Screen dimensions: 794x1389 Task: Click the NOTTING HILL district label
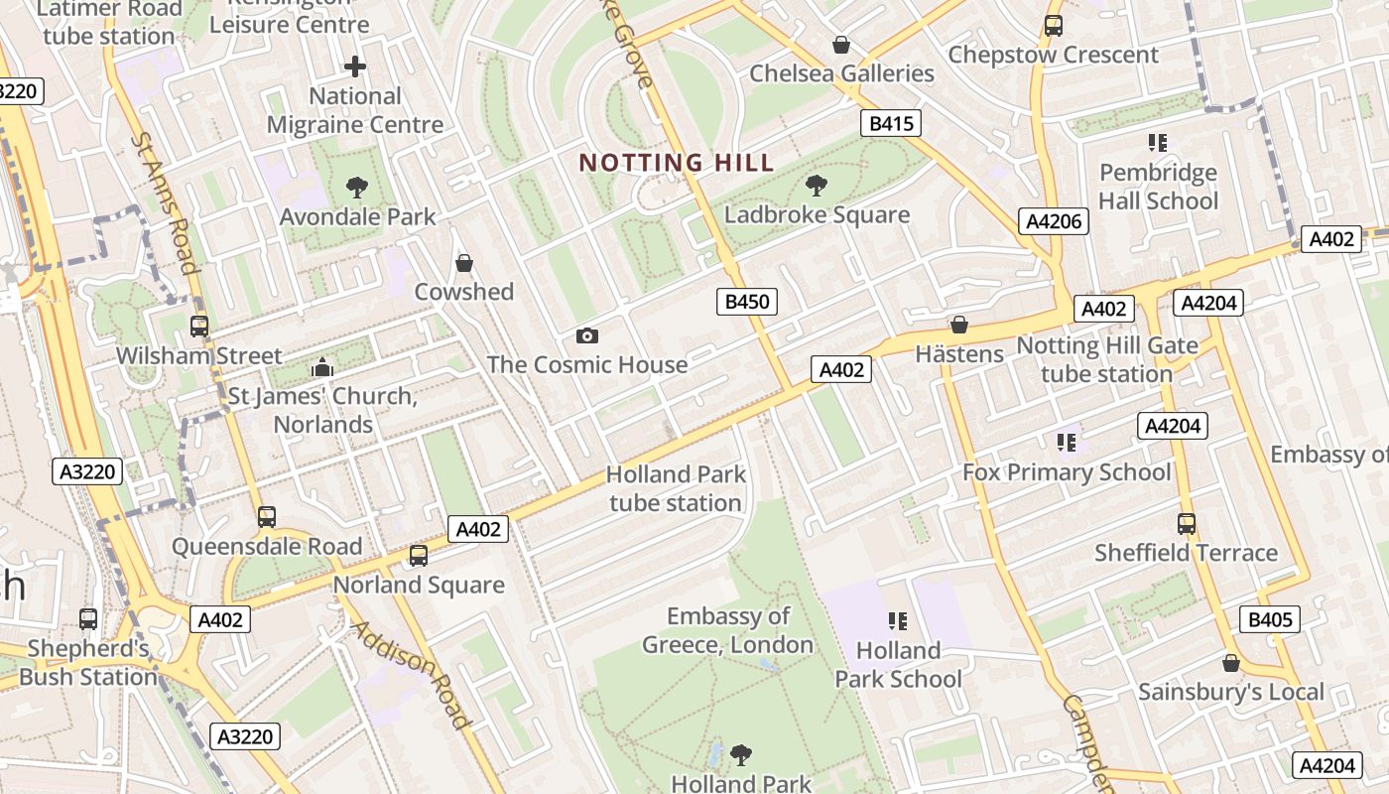(x=676, y=163)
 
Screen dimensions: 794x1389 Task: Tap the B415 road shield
(x=890, y=123)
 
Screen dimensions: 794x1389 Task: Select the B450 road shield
(x=746, y=302)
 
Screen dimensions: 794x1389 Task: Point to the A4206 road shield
(x=1053, y=221)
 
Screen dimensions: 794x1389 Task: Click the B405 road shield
(x=1269, y=620)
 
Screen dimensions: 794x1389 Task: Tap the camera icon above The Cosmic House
(x=586, y=335)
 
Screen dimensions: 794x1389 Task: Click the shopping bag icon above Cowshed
(x=463, y=263)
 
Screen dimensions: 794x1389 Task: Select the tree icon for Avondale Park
(x=356, y=187)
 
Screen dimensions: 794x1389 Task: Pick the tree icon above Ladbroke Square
(x=817, y=185)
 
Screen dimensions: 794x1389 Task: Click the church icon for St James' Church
(x=321, y=367)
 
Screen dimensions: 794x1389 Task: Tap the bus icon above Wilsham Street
(x=199, y=326)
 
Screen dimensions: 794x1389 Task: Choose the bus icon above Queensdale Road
(x=266, y=516)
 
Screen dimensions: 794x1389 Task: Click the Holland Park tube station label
(x=676, y=488)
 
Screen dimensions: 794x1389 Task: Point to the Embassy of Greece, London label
(x=727, y=630)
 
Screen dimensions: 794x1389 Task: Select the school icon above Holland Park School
(x=898, y=621)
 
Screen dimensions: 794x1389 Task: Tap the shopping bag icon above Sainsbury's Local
(x=1230, y=663)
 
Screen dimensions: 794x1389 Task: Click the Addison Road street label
(x=411, y=674)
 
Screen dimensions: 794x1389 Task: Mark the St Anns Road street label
(x=165, y=202)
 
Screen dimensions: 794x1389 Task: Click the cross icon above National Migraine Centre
(x=354, y=66)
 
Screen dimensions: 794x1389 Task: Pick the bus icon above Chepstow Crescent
(x=1053, y=26)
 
